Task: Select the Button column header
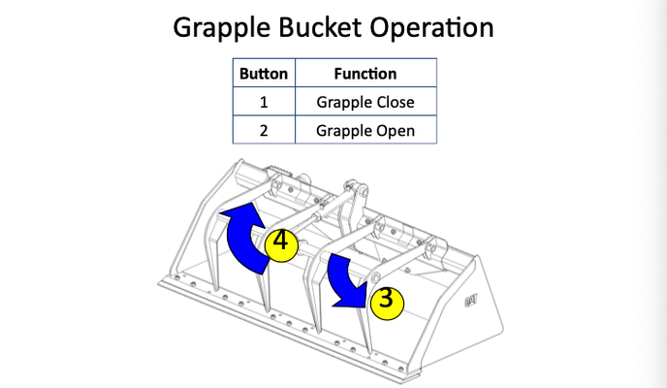pos(264,73)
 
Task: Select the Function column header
pos(365,73)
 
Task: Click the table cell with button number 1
pos(264,101)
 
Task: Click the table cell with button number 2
pos(264,129)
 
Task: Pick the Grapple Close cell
pos(365,101)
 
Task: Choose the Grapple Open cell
pos(365,129)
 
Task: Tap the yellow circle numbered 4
pos(280,242)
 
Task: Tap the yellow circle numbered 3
pos(386,299)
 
